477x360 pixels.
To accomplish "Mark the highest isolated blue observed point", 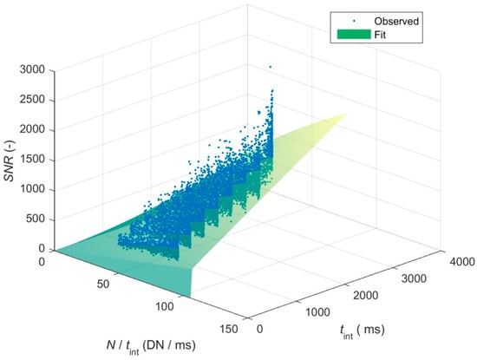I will [270, 67].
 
